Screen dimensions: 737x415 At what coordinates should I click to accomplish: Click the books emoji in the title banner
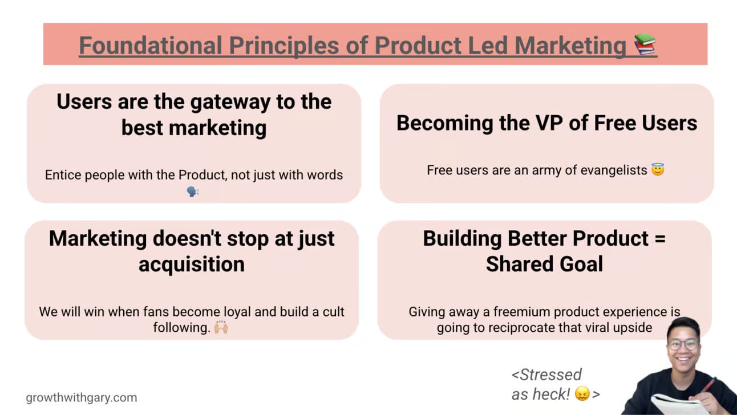click(x=645, y=44)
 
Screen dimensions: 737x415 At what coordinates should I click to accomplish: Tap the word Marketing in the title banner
click(x=570, y=46)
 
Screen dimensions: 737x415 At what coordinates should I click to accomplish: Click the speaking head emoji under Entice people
click(x=193, y=192)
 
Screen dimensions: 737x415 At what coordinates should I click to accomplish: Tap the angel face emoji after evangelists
click(x=658, y=170)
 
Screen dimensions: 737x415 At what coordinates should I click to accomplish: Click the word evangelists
click(x=614, y=170)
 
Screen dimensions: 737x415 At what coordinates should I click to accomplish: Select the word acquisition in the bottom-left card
click(x=192, y=265)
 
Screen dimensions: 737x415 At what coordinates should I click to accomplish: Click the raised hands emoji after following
click(x=221, y=327)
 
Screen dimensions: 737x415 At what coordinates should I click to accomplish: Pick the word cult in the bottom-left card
click(x=333, y=312)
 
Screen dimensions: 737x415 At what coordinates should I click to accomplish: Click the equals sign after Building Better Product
click(x=660, y=239)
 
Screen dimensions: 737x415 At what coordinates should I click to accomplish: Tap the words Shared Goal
click(x=545, y=264)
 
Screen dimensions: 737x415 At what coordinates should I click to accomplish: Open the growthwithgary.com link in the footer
click(x=81, y=397)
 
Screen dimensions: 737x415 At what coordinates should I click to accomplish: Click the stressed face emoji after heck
click(x=582, y=394)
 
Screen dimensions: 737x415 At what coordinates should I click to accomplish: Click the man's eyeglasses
click(x=683, y=344)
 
